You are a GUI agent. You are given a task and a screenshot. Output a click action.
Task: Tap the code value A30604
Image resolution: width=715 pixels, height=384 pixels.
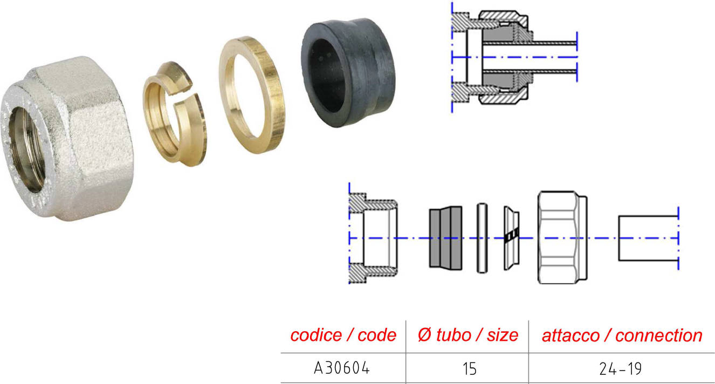[342, 368]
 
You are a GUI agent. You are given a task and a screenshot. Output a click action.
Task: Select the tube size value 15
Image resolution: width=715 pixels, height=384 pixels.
[469, 369]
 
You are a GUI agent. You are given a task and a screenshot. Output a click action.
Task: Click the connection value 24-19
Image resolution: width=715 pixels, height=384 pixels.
[620, 369]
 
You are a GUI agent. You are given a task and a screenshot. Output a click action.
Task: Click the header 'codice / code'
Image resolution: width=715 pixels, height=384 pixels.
[343, 335]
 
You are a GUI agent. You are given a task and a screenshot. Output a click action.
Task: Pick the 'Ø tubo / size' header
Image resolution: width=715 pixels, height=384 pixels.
[467, 335]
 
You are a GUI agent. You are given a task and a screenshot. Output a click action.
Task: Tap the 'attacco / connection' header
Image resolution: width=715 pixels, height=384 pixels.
[622, 335]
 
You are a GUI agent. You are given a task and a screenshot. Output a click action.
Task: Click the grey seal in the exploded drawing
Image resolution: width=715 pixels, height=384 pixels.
[445, 238]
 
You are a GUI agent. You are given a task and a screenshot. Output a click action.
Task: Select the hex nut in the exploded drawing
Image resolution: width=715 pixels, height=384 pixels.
[562, 237]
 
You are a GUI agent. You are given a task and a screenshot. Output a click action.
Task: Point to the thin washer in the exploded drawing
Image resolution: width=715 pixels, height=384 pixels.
[482, 238]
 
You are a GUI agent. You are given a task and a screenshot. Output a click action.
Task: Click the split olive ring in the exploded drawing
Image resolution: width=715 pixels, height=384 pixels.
[511, 238]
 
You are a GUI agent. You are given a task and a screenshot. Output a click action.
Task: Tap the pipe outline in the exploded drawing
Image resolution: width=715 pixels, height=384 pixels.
[619, 238]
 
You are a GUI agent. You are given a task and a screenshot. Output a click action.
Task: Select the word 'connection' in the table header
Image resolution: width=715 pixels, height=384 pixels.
[659, 335]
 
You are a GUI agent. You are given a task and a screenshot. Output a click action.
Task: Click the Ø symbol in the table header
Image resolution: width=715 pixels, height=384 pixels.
[425, 335]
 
